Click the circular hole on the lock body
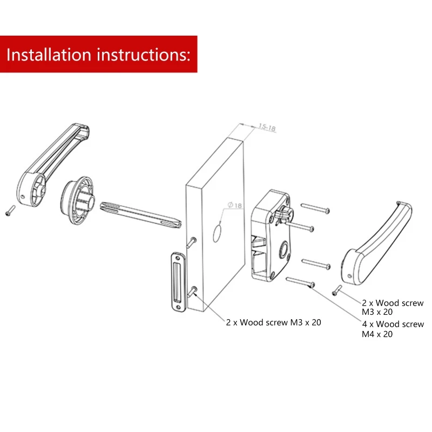(x=282, y=249)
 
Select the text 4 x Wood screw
(x=393, y=324)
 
